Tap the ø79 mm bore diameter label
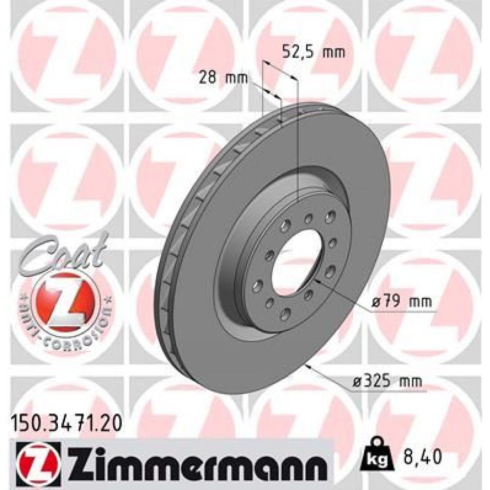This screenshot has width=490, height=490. pyautogui.click(x=401, y=302)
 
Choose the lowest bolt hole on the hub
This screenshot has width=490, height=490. pyautogui.click(x=283, y=318)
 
